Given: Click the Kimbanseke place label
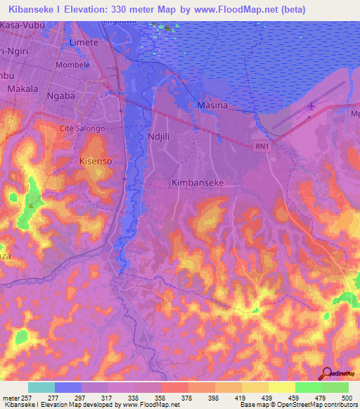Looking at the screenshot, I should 197,182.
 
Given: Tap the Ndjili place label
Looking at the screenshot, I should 160,137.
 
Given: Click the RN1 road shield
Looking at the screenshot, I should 262,145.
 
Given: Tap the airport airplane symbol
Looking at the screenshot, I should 311,107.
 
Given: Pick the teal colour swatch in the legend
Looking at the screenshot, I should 41,387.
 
